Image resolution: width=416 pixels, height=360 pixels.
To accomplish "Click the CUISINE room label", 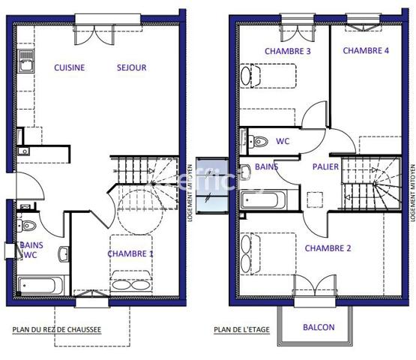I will pos(69,67).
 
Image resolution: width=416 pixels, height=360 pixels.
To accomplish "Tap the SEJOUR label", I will pos(131,67).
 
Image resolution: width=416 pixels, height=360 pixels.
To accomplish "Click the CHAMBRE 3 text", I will pos(288,51).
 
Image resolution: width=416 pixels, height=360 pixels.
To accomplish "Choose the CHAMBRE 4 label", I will pos(366,51).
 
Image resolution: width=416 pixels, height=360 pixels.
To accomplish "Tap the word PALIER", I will pos(325,166).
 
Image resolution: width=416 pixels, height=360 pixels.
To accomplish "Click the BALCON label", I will pos(319,328).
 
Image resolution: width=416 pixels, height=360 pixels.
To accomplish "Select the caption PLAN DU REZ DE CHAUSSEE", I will pos(57,328).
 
